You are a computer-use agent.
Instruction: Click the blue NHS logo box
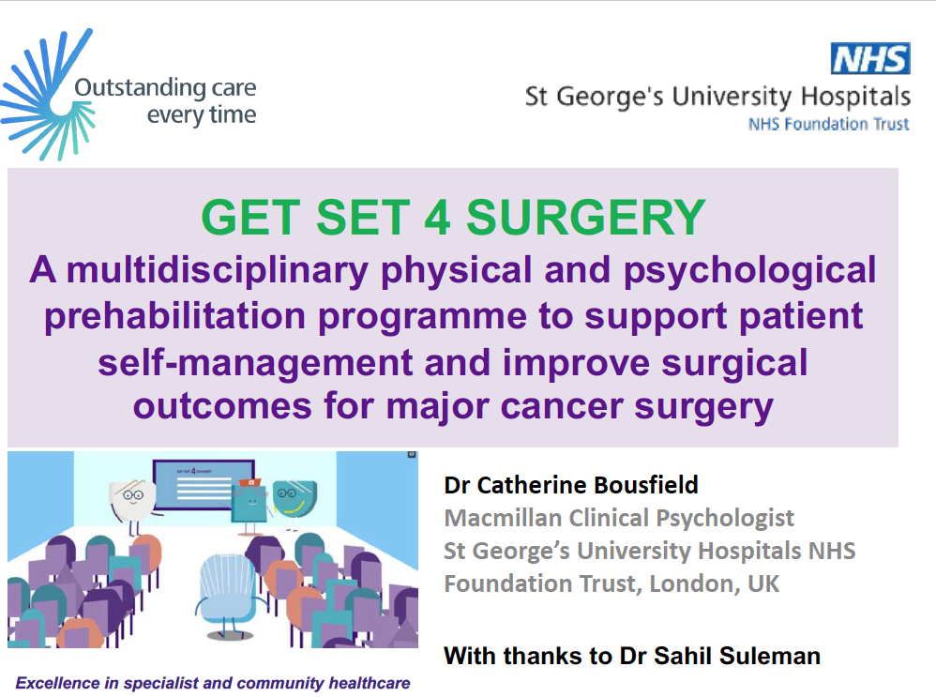coord(870,58)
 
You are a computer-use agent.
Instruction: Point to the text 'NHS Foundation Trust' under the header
coord(828,124)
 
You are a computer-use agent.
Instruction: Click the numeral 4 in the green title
coord(437,218)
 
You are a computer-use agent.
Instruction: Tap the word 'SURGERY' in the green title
coord(585,218)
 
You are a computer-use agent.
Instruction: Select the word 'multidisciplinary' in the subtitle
coord(218,270)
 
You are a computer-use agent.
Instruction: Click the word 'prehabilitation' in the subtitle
coord(174,316)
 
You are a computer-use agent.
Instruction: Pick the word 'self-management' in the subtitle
coord(255,363)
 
